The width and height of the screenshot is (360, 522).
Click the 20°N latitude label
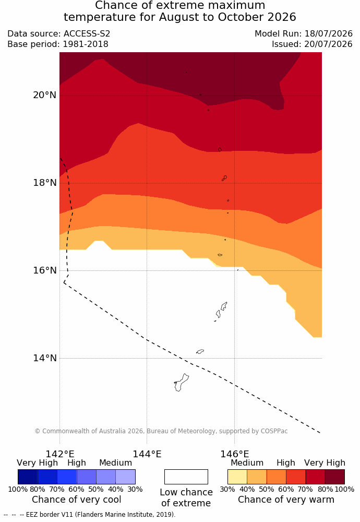44,95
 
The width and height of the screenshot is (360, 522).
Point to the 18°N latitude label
44,183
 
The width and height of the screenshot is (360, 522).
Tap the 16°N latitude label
44,270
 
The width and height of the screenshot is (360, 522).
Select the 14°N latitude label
44,358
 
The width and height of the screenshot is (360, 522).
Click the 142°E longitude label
60,454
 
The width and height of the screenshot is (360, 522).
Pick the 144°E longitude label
147,454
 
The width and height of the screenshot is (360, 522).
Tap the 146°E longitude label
235,454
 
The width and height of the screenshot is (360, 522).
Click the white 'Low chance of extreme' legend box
186,477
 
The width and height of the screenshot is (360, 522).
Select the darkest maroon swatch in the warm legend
335,477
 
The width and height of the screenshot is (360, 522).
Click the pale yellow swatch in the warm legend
237,477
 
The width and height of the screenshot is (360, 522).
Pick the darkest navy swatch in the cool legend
28,477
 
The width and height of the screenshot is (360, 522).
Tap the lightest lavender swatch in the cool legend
125,477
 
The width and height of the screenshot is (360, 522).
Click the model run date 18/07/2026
328,33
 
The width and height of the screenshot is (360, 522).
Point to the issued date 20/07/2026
328,44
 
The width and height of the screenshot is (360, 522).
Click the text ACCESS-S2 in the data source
87,33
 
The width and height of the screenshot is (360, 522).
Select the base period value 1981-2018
85,44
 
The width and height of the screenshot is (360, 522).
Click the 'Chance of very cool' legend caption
77,500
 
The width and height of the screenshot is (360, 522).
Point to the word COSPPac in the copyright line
274,431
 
